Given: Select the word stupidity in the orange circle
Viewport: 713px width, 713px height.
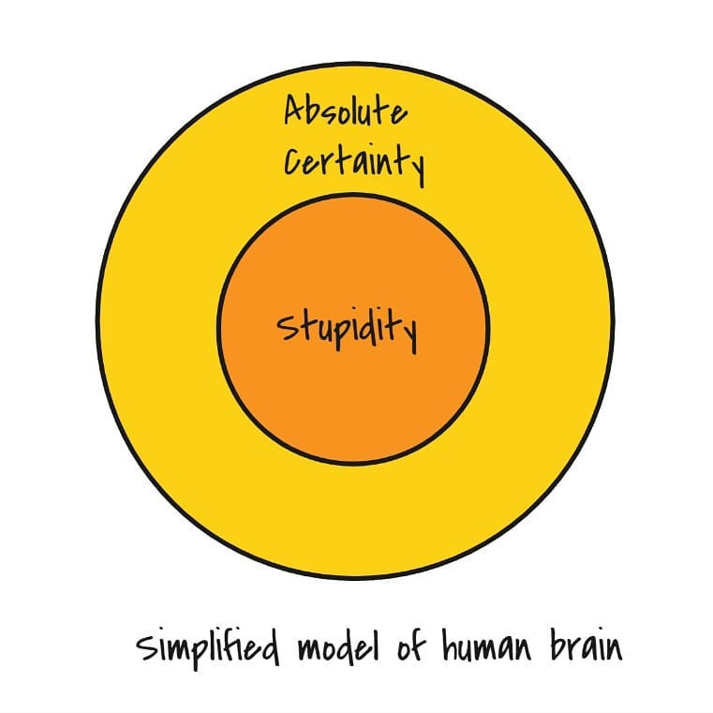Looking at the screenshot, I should (x=347, y=330).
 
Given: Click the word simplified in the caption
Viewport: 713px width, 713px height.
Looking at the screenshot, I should (x=213, y=647).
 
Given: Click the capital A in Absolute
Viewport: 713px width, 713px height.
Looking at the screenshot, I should (x=295, y=112).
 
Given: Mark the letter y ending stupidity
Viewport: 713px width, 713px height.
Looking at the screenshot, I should (x=408, y=334).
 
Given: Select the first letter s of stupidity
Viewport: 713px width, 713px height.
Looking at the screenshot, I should (x=284, y=330).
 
